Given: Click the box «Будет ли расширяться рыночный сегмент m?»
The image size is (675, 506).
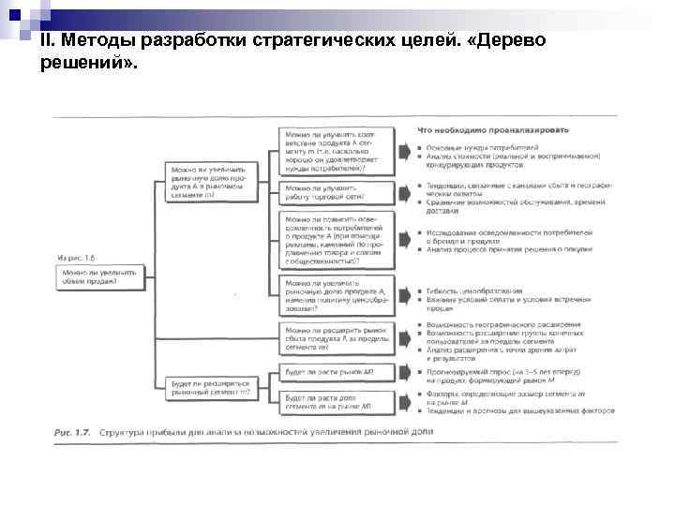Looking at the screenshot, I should pos(211,388).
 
